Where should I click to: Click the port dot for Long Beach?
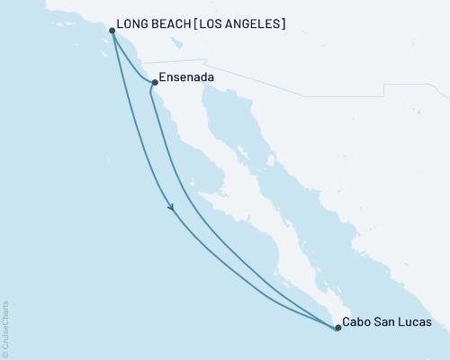112,31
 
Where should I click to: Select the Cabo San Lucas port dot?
337,328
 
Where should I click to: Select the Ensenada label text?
186,78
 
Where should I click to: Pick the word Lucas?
414,321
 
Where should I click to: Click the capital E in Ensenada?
162,78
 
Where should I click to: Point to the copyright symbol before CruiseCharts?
4,354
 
